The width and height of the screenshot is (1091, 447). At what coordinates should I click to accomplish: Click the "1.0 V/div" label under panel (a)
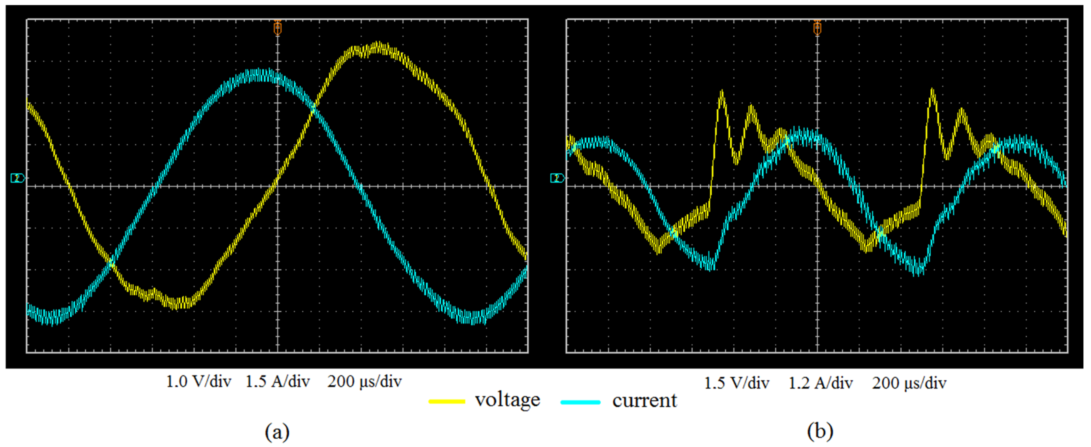coord(198,382)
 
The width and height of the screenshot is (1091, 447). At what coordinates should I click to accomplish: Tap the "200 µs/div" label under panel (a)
coord(364,382)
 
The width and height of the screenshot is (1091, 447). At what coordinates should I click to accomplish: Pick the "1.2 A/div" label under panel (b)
coord(820,383)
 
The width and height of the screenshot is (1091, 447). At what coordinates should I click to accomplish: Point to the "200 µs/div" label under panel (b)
coord(909,383)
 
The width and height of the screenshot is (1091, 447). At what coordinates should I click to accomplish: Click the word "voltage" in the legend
coord(507,400)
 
